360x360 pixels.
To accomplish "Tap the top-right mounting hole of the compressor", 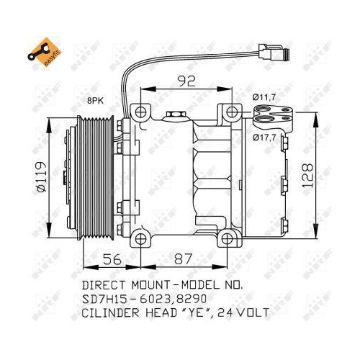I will pyautogui.click(x=230, y=112).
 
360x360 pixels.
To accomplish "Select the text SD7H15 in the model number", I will pyautogui.click(x=106, y=298).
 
